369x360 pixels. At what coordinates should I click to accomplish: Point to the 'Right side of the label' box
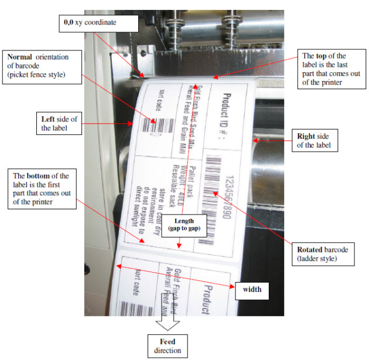click(315, 141)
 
